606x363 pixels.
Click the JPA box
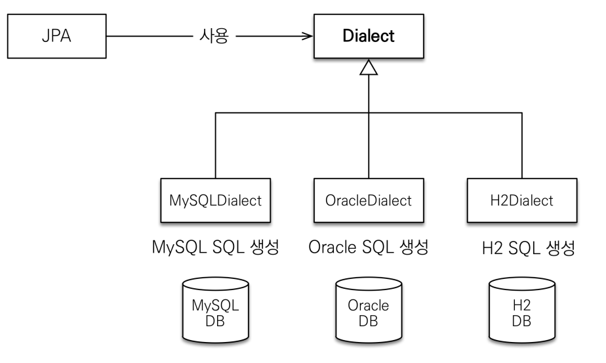tap(57, 36)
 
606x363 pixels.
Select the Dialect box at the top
tap(369, 36)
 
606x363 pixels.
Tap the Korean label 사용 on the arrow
tap(214, 36)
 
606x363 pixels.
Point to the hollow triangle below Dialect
tap(369, 68)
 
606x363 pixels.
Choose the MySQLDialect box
tap(216, 200)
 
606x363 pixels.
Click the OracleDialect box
tap(369, 200)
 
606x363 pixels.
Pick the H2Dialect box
tap(522, 200)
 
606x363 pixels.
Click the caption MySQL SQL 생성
tap(215, 247)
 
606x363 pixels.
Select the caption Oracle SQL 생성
tap(369, 247)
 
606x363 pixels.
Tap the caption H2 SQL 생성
tap(529, 247)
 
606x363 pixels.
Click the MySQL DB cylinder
tap(216, 310)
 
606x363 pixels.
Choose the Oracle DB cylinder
tap(369, 310)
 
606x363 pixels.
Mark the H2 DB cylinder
tap(522, 310)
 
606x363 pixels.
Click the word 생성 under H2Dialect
tap(561, 247)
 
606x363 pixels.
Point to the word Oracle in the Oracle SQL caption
tap(332, 247)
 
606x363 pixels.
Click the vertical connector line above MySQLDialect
tap(215, 146)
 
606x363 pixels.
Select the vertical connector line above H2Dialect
tap(522, 146)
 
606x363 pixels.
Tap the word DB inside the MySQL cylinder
tap(215, 321)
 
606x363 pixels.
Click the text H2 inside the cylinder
tap(522, 305)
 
